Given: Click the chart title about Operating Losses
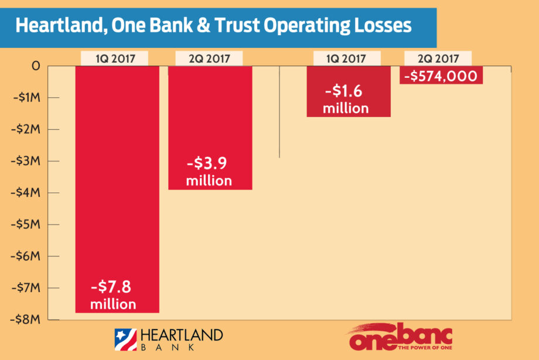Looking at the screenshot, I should coord(213,26).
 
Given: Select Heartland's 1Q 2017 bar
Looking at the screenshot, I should coord(117,176).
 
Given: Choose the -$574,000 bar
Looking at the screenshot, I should coord(441,76).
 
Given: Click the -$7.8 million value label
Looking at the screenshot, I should coord(113,296).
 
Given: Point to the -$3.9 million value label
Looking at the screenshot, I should coord(209,172).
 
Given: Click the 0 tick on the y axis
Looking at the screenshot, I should coord(36,66).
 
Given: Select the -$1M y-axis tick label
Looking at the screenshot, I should coord(27,98).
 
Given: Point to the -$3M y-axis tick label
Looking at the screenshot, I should coord(27,161).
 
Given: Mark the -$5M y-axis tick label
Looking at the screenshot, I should coord(27,224).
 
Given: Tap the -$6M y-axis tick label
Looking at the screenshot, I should coord(27,256).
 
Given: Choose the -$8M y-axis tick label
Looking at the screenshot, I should coord(27,319).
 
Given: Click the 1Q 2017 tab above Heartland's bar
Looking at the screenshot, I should coord(114,59).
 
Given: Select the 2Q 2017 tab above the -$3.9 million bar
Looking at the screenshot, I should coord(210,59).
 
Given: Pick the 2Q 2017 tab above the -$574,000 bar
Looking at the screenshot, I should coord(439,59).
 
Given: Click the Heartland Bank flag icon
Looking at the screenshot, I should coord(125,340).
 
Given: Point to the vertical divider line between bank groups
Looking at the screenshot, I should coord(279,111).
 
